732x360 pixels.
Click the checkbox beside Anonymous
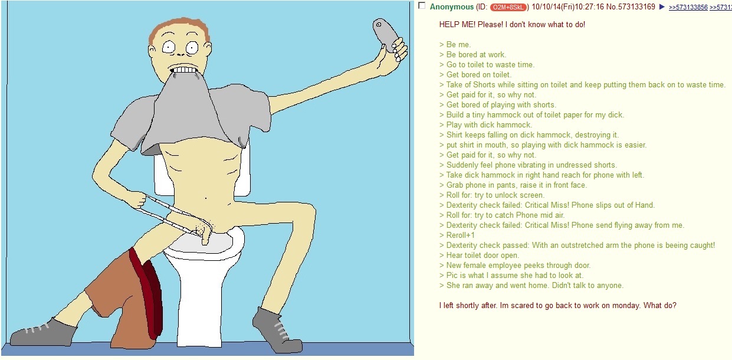[422, 5]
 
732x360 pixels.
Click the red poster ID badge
[508, 7]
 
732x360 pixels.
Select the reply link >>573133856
[688, 7]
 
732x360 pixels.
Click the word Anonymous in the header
[452, 7]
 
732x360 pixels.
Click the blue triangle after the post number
[662, 7]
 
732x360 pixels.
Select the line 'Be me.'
[455, 44]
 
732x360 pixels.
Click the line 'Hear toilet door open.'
[480, 256]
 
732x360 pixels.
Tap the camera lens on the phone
[379, 25]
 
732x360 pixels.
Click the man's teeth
[185, 70]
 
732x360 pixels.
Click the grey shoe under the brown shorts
[42, 332]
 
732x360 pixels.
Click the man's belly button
[205, 198]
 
